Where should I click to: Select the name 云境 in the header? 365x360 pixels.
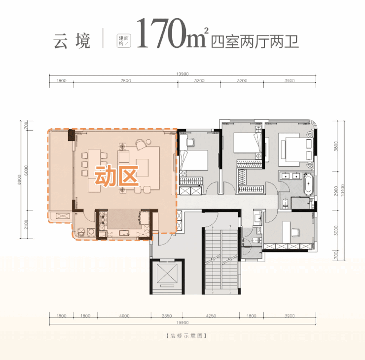click(x=72, y=40)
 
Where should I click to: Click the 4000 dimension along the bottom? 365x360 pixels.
click(x=124, y=316)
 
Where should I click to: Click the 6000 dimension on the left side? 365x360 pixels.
click(x=26, y=169)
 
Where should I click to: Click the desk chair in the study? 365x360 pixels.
click(x=295, y=230)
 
